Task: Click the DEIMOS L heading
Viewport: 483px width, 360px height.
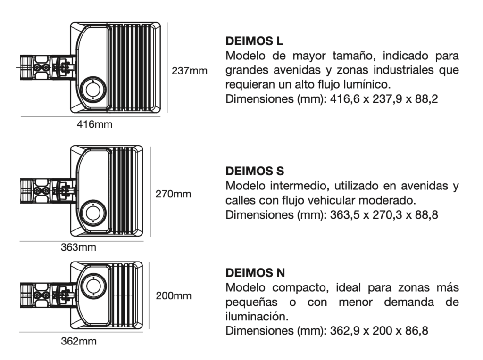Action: [x=254, y=41]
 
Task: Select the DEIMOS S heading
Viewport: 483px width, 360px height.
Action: [x=254, y=171]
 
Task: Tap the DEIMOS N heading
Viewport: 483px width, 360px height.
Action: [x=255, y=273]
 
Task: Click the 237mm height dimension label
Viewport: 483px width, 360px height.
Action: [x=189, y=71]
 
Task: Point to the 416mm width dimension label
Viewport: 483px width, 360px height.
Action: [x=94, y=124]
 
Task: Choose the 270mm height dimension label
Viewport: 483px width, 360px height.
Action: [x=173, y=194]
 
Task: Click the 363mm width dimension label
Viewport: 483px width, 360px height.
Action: [x=78, y=247]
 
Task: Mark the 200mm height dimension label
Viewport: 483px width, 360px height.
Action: [x=174, y=296]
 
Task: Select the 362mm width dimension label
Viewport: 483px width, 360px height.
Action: [x=79, y=341]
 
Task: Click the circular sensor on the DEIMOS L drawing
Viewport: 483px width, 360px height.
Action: [x=93, y=90]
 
